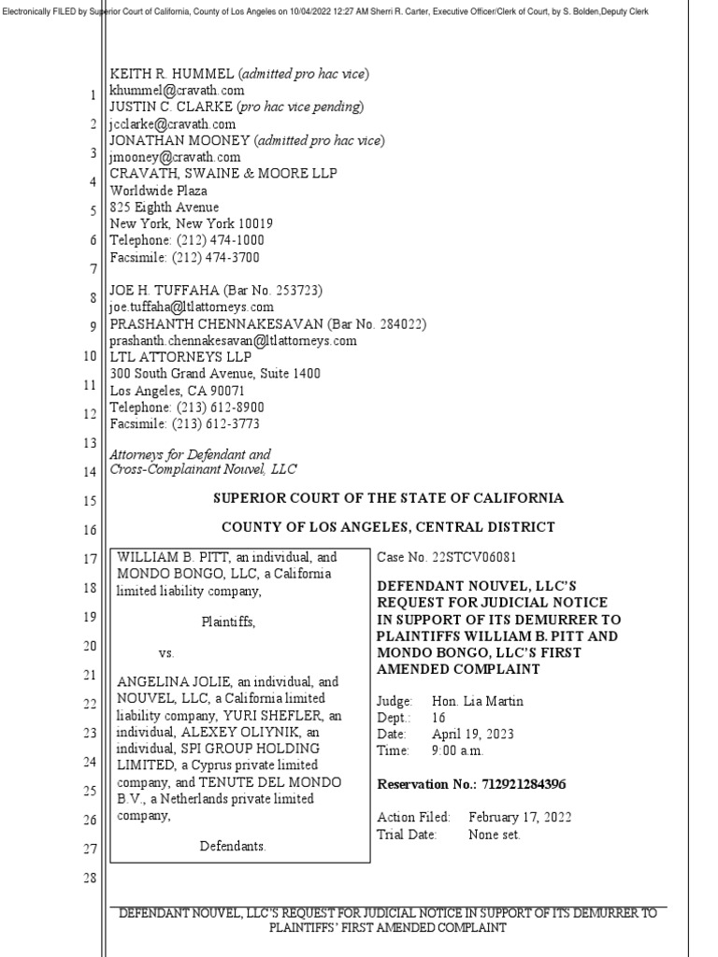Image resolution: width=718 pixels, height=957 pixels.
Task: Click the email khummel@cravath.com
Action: pyautogui.click(x=177, y=91)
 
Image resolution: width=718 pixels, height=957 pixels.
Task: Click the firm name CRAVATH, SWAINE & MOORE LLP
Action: pyautogui.click(x=223, y=175)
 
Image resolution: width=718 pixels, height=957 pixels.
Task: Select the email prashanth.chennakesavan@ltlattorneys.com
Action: pyautogui.click(x=233, y=341)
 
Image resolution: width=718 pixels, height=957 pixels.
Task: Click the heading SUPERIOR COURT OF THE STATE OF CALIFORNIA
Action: pyautogui.click(x=388, y=498)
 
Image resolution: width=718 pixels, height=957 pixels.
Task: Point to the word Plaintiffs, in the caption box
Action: pyautogui.click(x=228, y=621)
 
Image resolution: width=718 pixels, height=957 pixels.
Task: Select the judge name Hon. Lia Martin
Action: pyautogui.click(x=478, y=700)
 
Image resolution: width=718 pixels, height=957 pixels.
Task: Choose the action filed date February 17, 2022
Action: pyautogui.click(x=521, y=817)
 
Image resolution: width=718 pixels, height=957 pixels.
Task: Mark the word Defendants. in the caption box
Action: pyautogui.click(x=233, y=846)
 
